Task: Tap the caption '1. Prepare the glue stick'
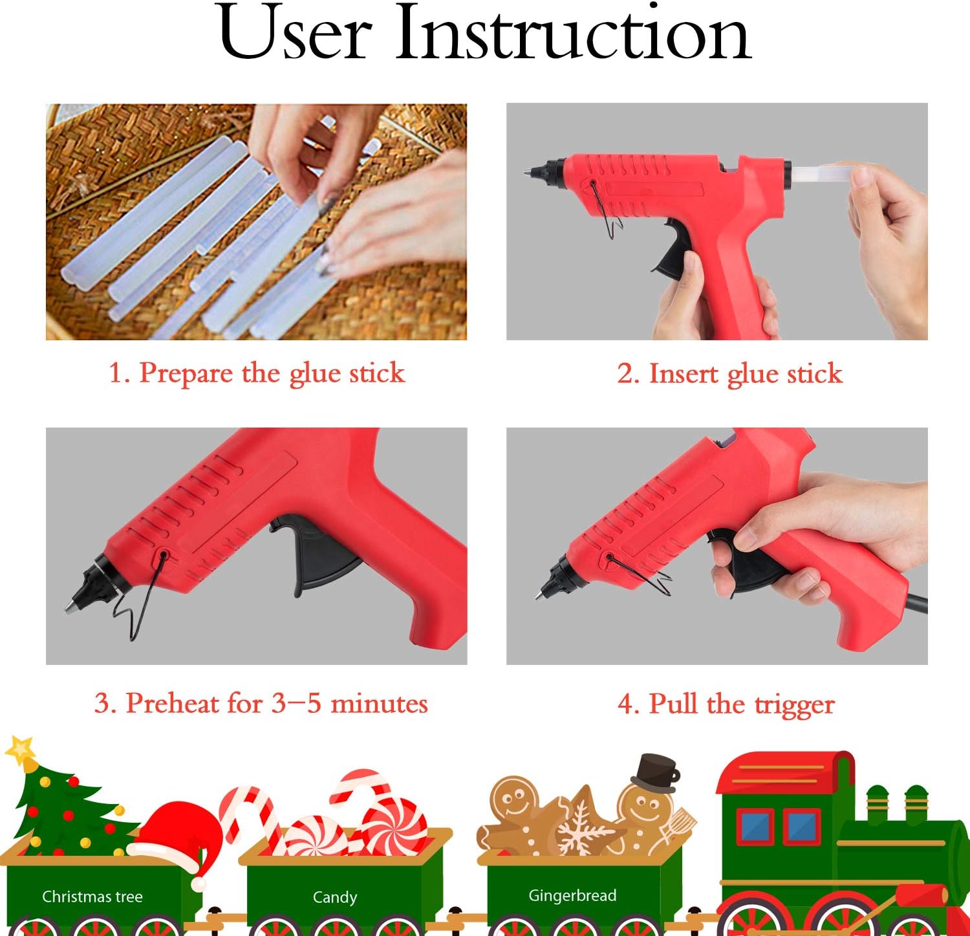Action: coord(256,373)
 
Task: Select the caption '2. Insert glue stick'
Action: coord(729,374)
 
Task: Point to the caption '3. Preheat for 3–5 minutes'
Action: coord(261,703)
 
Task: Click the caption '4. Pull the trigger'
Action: coord(726,704)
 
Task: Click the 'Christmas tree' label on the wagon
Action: coord(92,897)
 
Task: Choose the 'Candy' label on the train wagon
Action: coord(334,897)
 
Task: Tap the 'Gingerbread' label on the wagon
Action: coord(572,895)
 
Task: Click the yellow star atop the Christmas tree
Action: coord(21,750)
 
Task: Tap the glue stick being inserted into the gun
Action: coord(821,174)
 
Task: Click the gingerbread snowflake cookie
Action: coord(581,825)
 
